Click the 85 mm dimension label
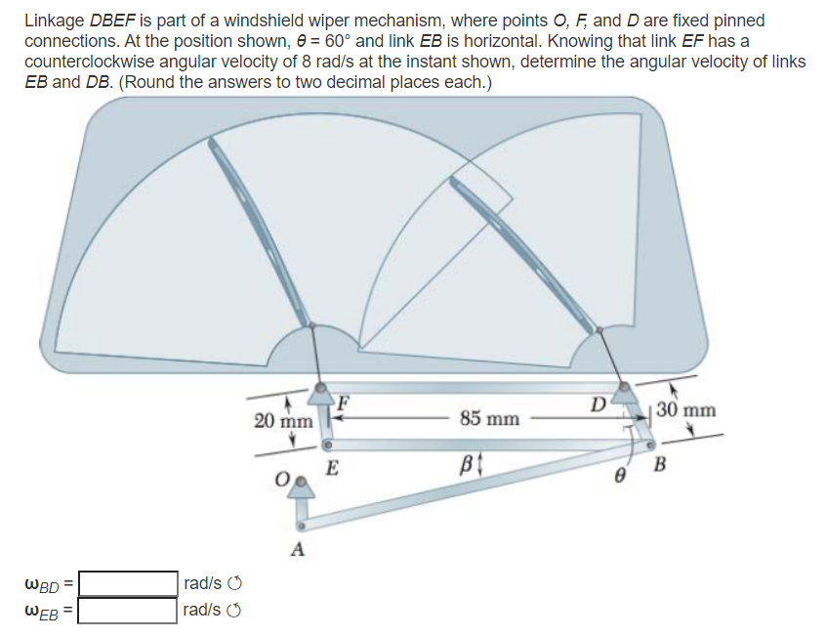(x=489, y=418)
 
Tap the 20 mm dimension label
(x=283, y=421)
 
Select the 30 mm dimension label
(x=685, y=409)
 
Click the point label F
(x=344, y=400)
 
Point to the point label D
(x=599, y=401)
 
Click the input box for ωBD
(x=128, y=583)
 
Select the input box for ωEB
(x=128, y=611)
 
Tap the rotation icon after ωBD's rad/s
(x=233, y=584)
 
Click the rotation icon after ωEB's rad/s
(x=233, y=612)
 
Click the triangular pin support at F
(x=321, y=395)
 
